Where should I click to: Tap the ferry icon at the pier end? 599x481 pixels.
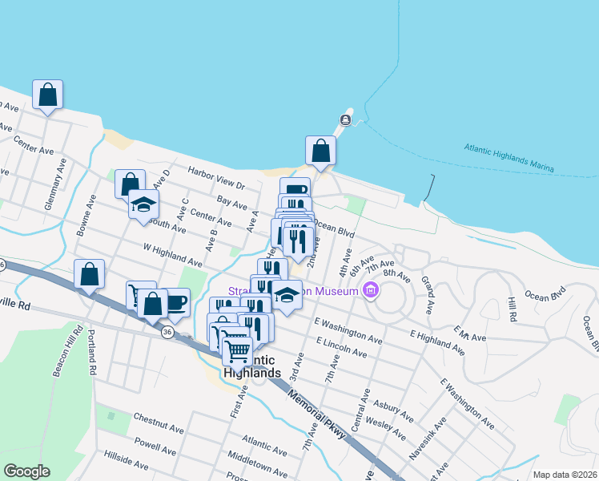(x=345, y=120)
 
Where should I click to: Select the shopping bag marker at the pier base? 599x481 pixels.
(x=320, y=151)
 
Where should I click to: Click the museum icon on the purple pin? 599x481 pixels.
(x=370, y=289)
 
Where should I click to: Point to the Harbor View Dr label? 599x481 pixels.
(x=215, y=178)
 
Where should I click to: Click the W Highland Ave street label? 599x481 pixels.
(x=173, y=256)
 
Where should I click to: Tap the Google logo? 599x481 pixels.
(x=26, y=471)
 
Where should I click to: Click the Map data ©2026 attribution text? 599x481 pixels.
(x=565, y=475)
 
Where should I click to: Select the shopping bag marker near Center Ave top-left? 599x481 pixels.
(x=48, y=95)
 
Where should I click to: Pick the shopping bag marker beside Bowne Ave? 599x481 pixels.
(x=90, y=274)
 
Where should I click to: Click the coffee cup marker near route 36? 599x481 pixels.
(x=175, y=302)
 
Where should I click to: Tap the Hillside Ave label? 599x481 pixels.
(x=126, y=464)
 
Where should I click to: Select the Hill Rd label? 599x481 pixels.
(x=513, y=309)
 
